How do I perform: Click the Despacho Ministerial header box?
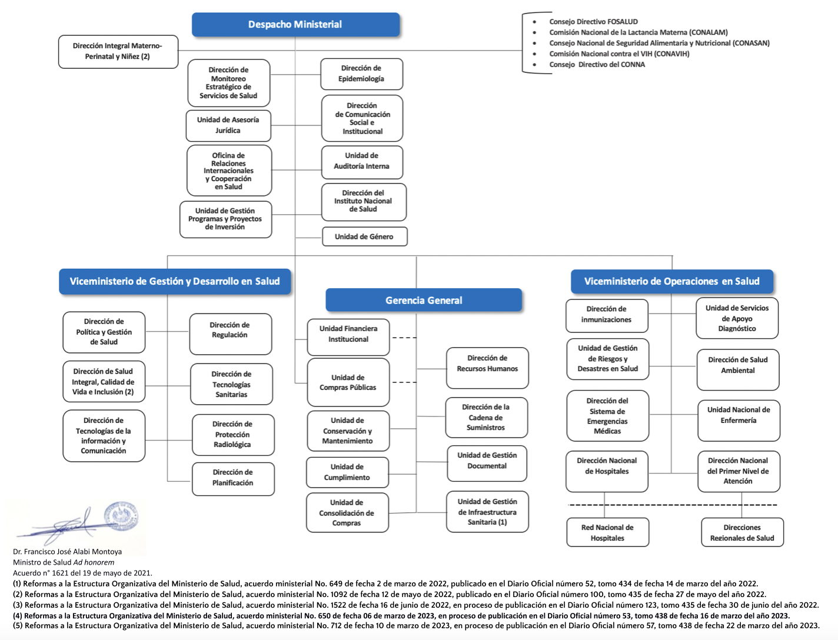click(295, 25)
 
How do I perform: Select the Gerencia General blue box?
click(423, 300)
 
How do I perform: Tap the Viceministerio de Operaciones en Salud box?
click(672, 281)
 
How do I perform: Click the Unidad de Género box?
click(365, 236)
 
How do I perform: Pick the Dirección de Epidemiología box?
click(361, 74)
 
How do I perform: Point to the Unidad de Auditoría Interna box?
click(362, 162)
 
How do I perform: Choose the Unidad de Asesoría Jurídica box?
click(228, 125)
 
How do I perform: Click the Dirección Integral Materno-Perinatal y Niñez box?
click(118, 52)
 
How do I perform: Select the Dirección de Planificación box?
click(233, 479)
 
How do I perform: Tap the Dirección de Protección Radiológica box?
click(233, 435)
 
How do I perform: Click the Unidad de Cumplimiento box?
click(347, 472)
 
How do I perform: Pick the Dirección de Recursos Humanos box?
click(487, 368)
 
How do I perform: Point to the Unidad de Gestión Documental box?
click(487, 464)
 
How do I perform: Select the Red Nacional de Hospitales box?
click(607, 532)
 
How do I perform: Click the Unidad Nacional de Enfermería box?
click(739, 420)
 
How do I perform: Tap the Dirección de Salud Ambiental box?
click(737, 369)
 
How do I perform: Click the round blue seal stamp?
click(121, 516)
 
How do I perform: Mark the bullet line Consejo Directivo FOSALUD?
click(593, 22)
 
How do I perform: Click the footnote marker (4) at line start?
click(18, 615)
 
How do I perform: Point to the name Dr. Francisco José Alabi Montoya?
click(67, 551)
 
